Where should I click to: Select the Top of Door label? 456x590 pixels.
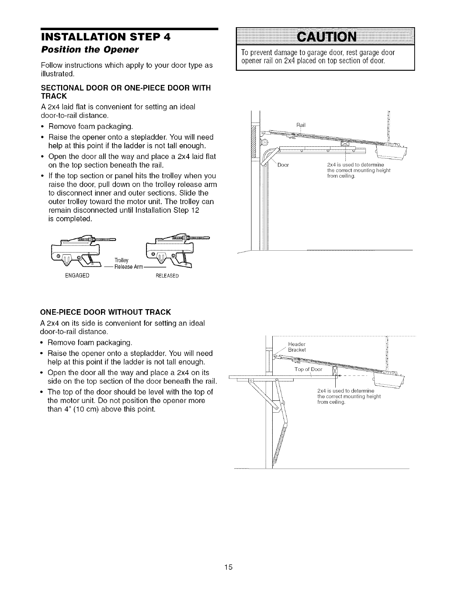[x=308, y=369]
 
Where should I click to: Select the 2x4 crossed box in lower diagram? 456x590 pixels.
[x=335, y=371]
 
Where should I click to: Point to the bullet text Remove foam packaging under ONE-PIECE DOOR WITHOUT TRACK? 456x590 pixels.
[x=91, y=342]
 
